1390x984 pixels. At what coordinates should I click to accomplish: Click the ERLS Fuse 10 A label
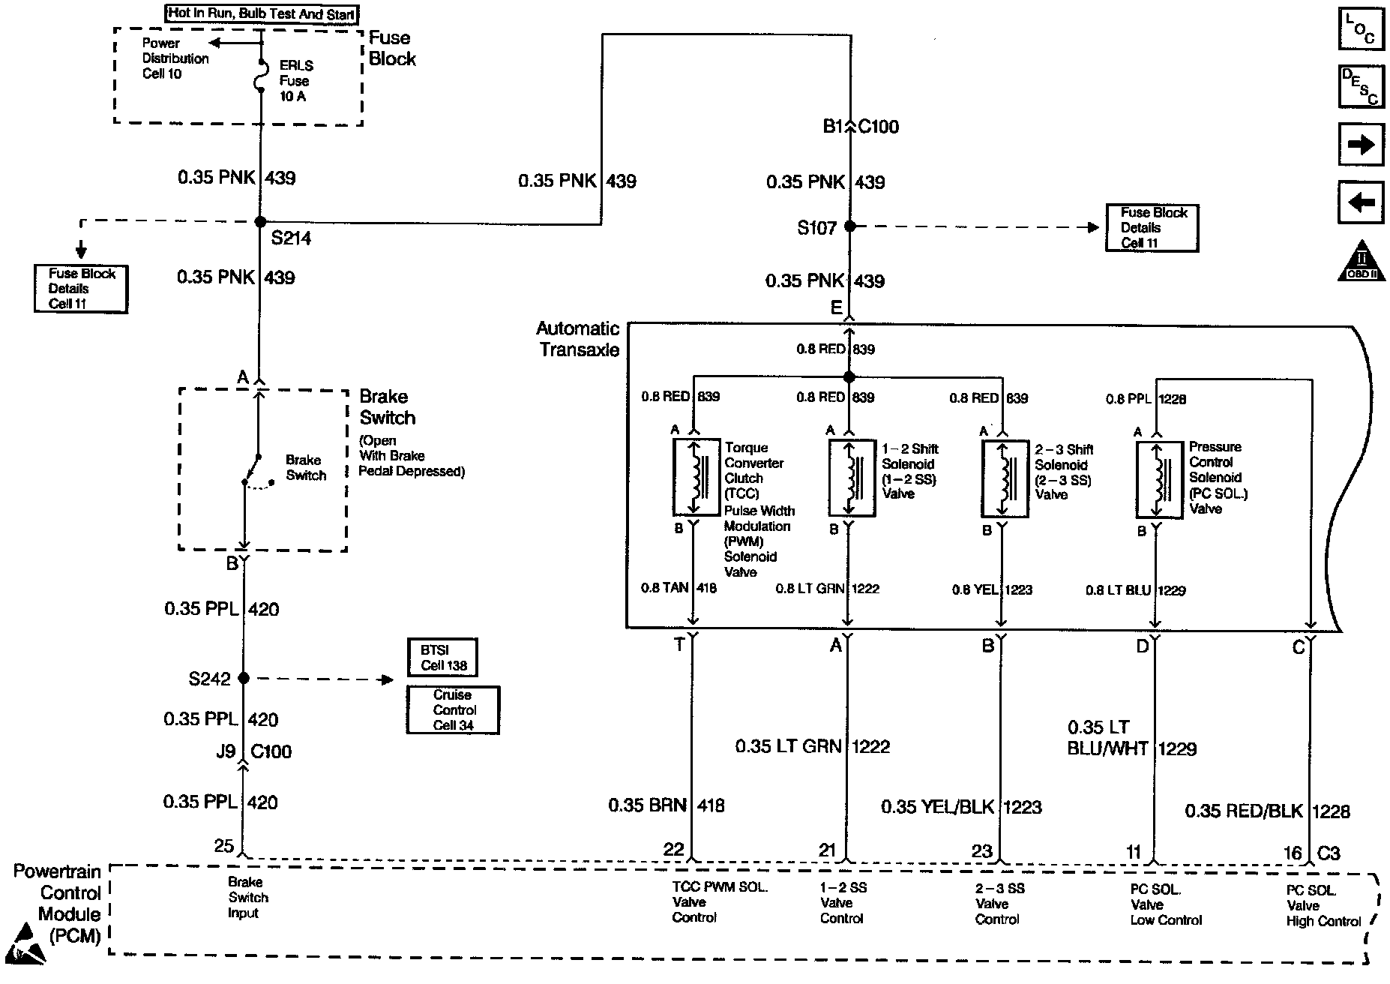(295, 81)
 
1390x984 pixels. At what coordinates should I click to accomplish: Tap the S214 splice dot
(260, 222)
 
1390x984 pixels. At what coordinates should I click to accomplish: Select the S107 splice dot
(849, 226)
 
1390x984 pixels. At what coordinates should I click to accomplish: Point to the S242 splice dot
(243, 678)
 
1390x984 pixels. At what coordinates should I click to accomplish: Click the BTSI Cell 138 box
(442, 658)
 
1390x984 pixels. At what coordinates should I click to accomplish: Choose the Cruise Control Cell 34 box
(453, 710)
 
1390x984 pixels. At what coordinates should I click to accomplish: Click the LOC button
(1361, 29)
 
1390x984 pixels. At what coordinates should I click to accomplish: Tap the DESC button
(1361, 87)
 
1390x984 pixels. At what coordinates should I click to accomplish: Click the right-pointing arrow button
(1361, 144)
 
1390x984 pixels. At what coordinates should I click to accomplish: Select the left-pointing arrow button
(1361, 202)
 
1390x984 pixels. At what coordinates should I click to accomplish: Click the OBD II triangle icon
(1362, 262)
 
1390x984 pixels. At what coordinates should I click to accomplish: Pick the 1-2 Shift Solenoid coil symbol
(852, 478)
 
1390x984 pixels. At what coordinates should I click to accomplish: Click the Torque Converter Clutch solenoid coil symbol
(696, 478)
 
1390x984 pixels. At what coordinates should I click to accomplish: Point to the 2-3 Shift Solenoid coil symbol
(1005, 478)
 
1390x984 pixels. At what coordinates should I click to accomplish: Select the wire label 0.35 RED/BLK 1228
(1266, 811)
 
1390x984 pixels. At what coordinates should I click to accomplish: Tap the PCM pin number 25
(224, 846)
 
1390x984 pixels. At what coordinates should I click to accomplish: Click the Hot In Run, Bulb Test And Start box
(262, 14)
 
